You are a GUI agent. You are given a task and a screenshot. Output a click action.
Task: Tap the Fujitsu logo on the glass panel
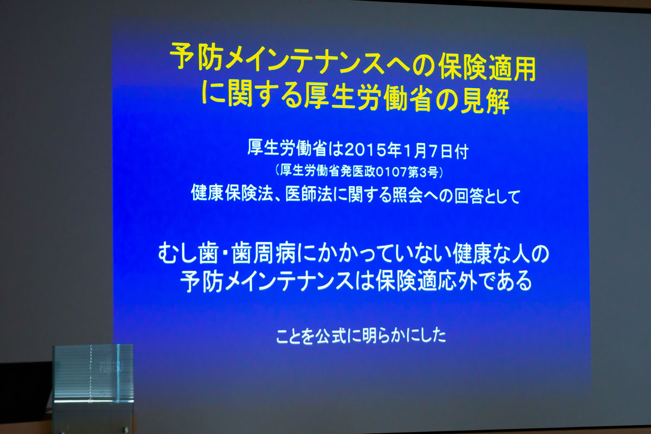pos(111,367)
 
